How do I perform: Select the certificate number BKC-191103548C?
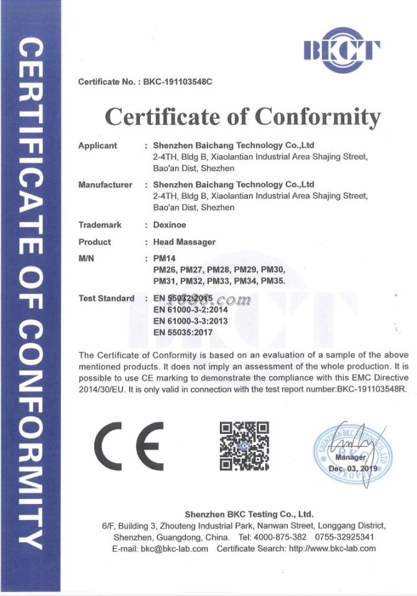click(x=178, y=83)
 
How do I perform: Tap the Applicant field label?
click(x=98, y=145)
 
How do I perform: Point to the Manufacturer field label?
click(x=105, y=185)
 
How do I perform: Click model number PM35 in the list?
click(x=273, y=281)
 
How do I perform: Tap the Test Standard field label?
click(x=106, y=298)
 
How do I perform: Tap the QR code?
click(x=244, y=446)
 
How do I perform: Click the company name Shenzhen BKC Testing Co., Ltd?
click(x=249, y=514)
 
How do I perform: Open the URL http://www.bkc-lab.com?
click(x=332, y=549)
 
